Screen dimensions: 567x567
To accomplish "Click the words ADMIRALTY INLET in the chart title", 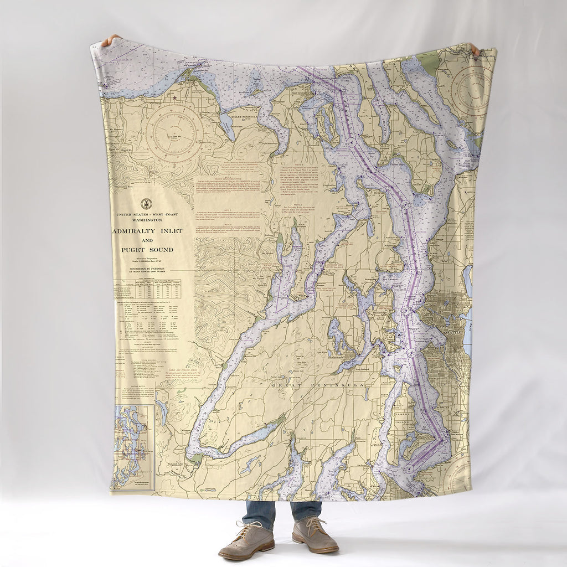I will click(148, 230).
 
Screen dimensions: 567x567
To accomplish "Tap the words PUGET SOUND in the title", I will click(147, 250).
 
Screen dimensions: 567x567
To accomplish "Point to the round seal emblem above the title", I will click(146, 203).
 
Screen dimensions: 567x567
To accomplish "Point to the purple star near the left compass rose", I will click(175, 98).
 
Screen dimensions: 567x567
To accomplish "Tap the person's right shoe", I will click(245, 540).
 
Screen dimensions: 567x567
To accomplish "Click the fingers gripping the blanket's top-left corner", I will click(111, 40).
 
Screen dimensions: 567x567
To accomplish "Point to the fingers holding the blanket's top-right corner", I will click(475, 50).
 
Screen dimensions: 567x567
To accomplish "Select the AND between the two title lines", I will click(147, 240).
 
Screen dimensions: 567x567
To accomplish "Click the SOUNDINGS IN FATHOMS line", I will click(147, 267).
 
